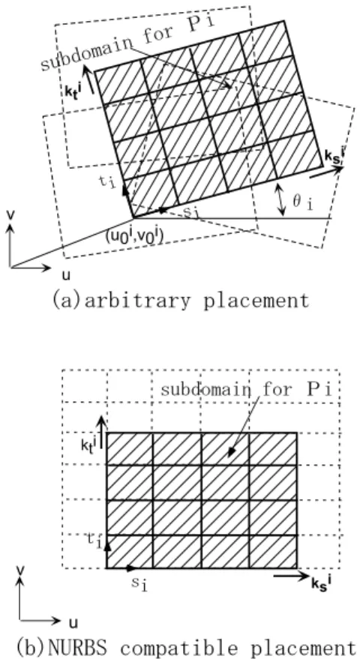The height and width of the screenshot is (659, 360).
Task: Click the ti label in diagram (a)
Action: coord(106,183)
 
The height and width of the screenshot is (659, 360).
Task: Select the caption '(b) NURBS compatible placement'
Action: coord(181,646)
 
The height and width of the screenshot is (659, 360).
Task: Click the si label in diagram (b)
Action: coord(141,584)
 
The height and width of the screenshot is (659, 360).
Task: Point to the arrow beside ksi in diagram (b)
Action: coord(291,577)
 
